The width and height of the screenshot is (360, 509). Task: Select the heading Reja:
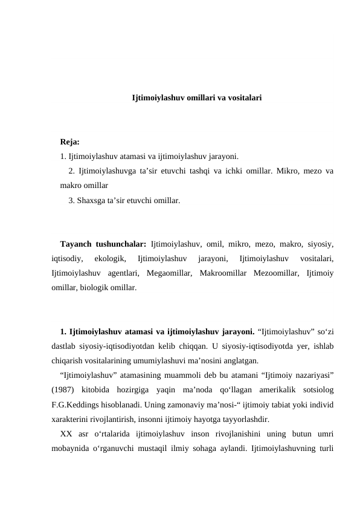[x=70, y=143]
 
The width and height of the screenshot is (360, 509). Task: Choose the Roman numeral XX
[x=66, y=433]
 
